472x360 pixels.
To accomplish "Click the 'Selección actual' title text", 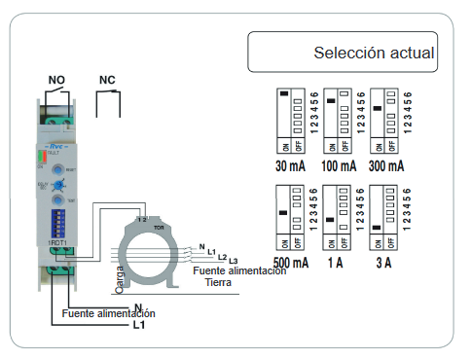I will point(374,53).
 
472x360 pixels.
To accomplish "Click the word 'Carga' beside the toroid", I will point(121,278).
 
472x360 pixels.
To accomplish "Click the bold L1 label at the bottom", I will point(139,325).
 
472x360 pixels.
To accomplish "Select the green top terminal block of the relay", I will point(56,122).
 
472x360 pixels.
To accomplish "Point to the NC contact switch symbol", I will point(109,100).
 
